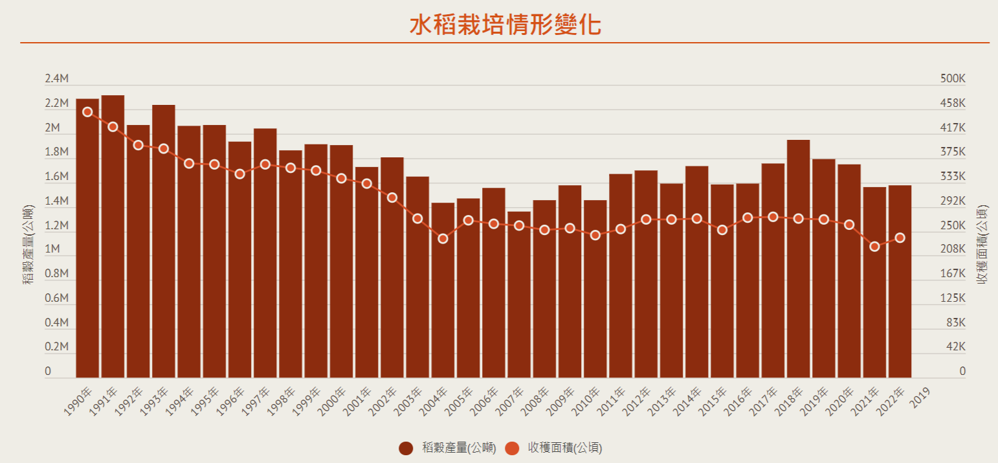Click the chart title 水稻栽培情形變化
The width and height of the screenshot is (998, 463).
click(505, 25)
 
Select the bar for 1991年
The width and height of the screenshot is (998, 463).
click(113, 236)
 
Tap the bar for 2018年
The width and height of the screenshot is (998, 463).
click(798, 259)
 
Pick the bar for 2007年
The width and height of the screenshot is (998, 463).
click(518, 295)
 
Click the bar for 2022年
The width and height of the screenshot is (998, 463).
click(900, 282)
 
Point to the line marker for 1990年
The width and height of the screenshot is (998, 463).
click(87, 112)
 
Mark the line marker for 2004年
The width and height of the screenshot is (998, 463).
click(443, 239)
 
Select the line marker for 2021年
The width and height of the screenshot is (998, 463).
click(874, 247)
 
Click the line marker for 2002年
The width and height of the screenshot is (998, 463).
click(392, 198)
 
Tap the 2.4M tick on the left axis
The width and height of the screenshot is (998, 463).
click(56, 79)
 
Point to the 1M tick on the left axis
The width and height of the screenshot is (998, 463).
click(52, 249)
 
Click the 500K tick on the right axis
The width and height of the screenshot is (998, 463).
click(953, 79)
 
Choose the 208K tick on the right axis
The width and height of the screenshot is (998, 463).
click(953, 249)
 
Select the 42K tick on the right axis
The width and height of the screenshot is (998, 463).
click(955, 347)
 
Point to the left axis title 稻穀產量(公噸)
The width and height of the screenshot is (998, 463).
click(28, 245)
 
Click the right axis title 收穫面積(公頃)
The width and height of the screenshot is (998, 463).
click(982, 245)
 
